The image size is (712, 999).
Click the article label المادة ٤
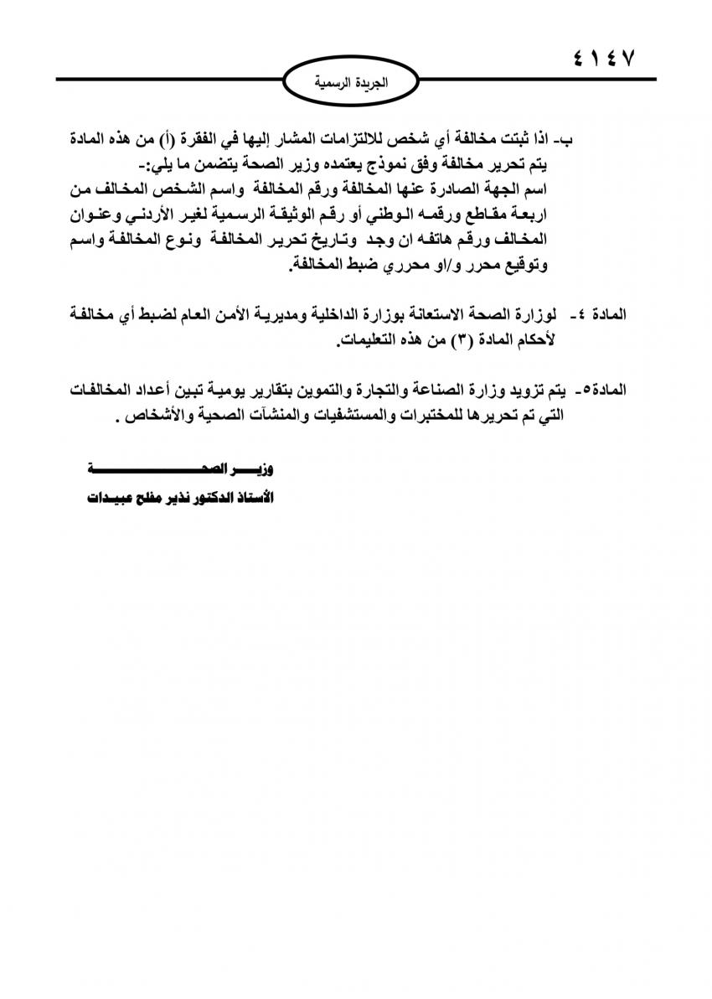click(596, 315)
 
